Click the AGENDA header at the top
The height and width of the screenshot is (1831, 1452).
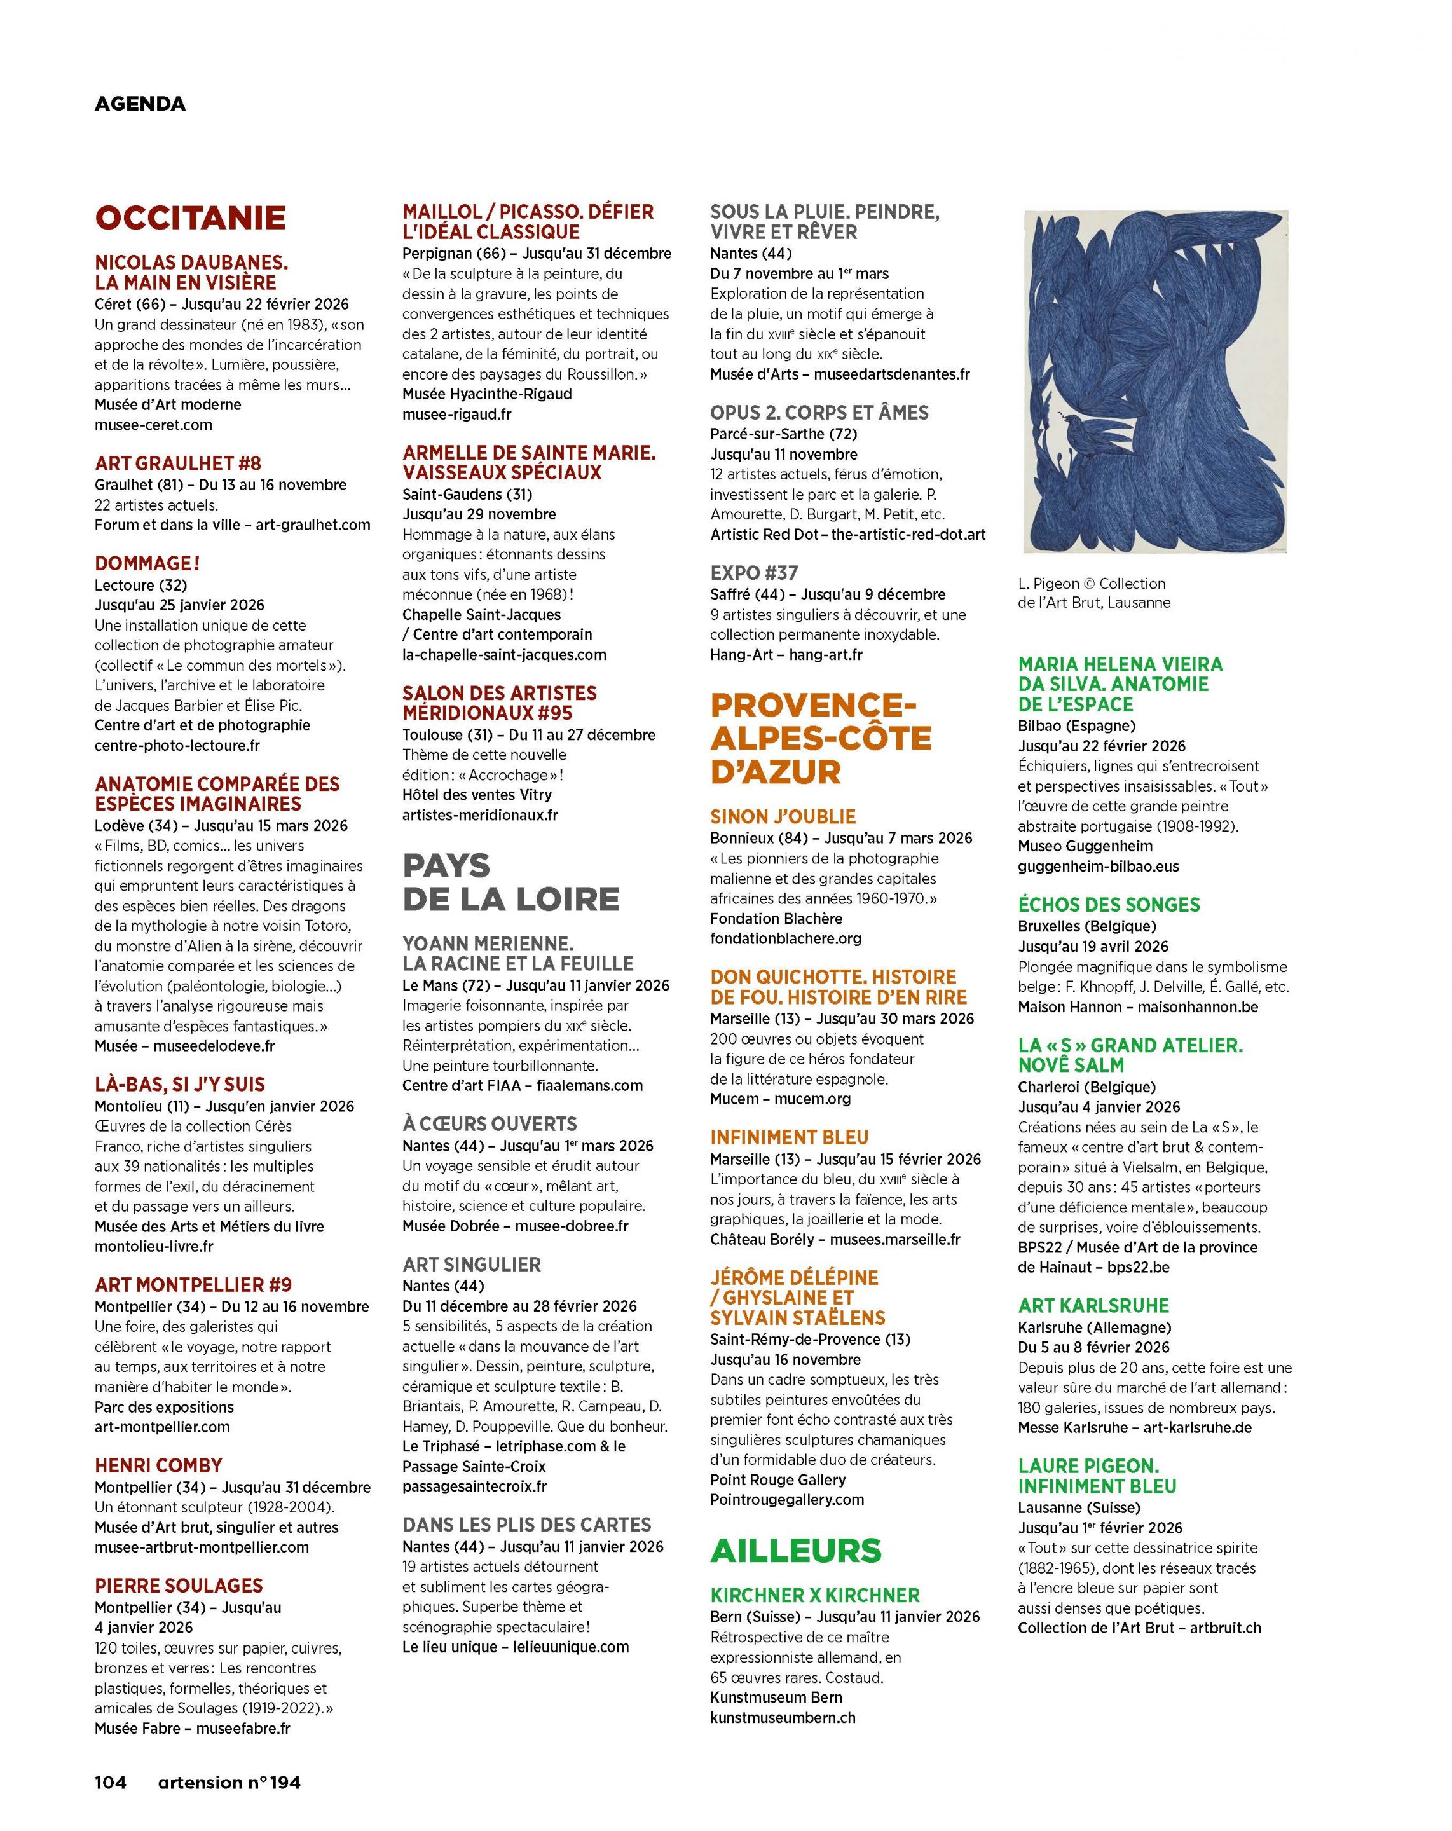(139, 104)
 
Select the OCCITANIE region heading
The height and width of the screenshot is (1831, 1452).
(190, 217)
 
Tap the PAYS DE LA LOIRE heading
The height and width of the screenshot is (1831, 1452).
(510, 882)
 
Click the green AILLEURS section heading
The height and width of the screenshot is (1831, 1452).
(796, 1550)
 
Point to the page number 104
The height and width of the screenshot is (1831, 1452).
(111, 1782)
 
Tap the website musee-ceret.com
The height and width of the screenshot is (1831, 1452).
(153, 425)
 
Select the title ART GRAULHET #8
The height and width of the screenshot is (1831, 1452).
(177, 463)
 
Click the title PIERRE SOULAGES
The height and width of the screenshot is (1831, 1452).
(178, 1586)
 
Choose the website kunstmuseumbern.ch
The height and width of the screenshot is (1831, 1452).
(782, 1717)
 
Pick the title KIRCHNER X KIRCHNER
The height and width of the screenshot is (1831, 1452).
(814, 1595)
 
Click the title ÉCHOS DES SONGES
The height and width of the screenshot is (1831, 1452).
(1109, 905)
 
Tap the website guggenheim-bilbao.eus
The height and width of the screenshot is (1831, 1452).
(1098, 867)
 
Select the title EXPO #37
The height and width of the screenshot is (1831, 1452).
(754, 572)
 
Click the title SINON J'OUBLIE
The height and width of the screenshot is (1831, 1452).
(783, 816)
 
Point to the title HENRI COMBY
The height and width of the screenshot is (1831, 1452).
(158, 1465)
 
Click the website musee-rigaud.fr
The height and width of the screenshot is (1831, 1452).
(457, 415)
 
